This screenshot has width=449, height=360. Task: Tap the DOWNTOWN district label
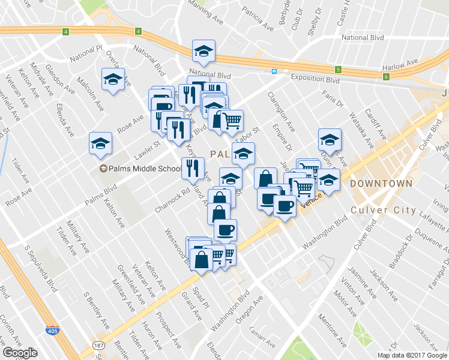(381, 183)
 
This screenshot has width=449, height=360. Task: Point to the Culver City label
(382, 210)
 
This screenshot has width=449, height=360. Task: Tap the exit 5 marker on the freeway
(338, 69)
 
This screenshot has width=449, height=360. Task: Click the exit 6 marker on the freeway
(385, 76)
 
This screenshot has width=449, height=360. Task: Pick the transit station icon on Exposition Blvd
(274, 71)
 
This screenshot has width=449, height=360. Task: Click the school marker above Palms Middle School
(100, 143)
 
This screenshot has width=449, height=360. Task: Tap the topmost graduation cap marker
(203, 52)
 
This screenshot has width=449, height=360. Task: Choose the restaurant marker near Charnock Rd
(193, 168)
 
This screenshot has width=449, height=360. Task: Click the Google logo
(20, 352)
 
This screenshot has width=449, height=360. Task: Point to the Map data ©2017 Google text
(412, 355)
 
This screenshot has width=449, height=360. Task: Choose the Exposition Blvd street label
(315, 79)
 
